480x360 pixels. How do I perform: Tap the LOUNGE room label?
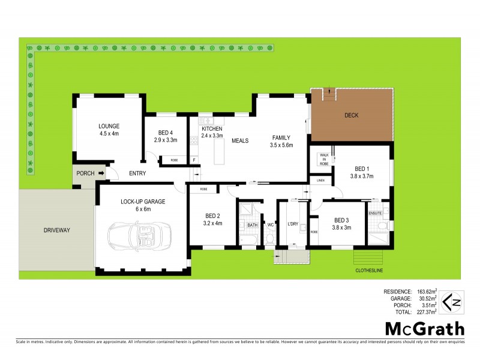coord(109,126)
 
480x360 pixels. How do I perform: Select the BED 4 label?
coord(166,133)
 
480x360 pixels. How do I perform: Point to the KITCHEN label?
coord(212,129)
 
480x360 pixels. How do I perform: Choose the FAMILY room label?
coord(281,137)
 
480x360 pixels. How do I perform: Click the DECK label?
coord(352,115)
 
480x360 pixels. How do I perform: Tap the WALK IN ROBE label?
coord(324,159)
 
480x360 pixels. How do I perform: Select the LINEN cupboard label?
coord(320,180)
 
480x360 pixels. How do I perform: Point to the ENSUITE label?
coord(376,213)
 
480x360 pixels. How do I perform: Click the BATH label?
coord(253,224)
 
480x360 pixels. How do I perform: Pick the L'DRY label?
coord(293,224)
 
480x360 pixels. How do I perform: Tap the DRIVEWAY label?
coord(57,230)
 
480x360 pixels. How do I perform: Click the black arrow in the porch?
coord(101,174)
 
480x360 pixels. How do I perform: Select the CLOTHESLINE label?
coord(370,271)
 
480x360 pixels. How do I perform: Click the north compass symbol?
coord(452,301)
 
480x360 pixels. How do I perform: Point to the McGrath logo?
coord(424,328)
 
